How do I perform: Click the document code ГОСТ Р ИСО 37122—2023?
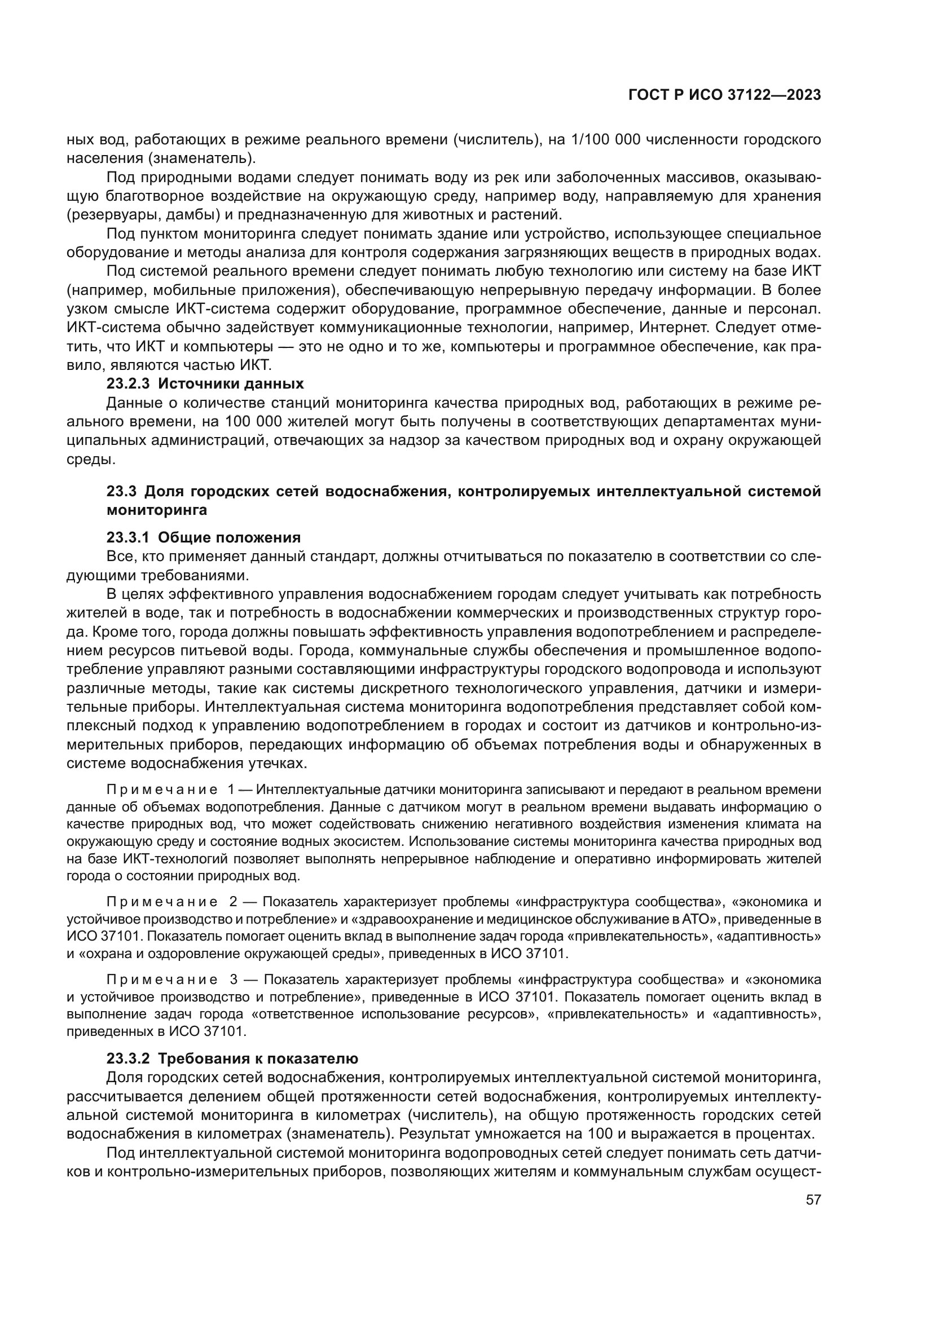(x=724, y=95)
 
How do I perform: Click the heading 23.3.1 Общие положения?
(x=204, y=537)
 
